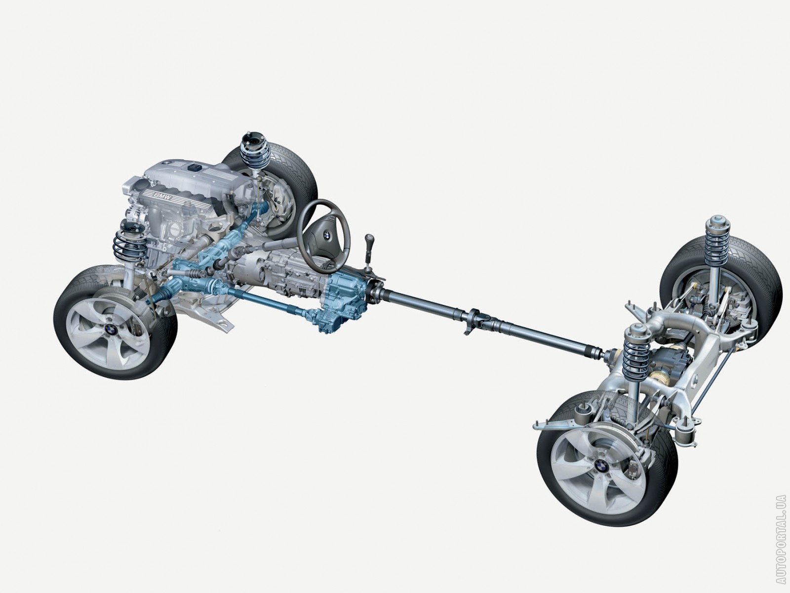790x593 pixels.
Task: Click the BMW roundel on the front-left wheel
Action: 111,329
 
